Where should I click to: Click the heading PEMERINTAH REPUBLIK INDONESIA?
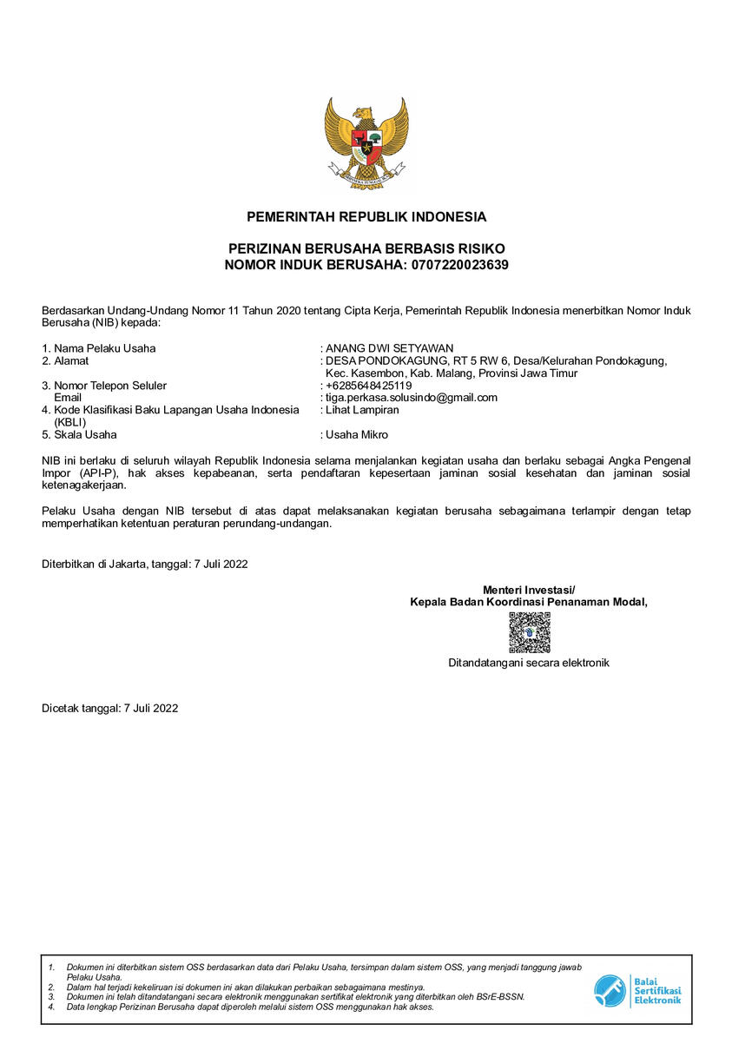(x=366, y=216)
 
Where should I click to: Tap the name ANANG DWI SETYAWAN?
(x=389, y=348)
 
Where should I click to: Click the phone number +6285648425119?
(x=368, y=385)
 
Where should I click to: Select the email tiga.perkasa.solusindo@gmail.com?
(x=411, y=397)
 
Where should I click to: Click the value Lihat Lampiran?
(x=362, y=409)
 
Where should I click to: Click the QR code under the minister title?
(x=529, y=632)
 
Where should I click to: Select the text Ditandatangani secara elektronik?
(x=529, y=663)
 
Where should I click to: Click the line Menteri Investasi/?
(x=529, y=591)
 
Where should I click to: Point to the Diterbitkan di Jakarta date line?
(x=145, y=564)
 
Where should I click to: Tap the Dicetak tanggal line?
(x=110, y=708)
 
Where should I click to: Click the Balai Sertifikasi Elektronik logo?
(x=637, y=991)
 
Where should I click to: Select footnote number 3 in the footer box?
(x=51, y=997)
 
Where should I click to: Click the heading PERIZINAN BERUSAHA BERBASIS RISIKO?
(x=366, y=248)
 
